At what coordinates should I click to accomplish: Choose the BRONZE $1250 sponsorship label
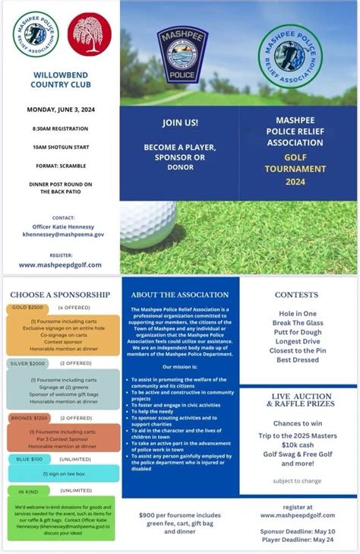click(29, 418)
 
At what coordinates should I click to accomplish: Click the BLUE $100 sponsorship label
click(26, 459)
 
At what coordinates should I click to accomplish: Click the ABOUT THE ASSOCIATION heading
click(179, 294)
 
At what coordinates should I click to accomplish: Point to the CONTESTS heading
click(296, 294)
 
